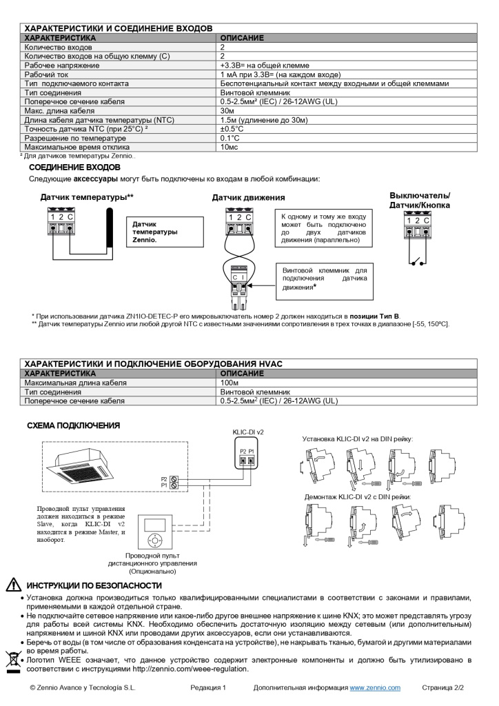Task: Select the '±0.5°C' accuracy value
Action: [232, 128]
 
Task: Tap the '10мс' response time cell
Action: [229, 147]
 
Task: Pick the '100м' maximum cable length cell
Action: [230, 383]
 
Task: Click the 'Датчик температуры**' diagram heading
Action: [87, 198]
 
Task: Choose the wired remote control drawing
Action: [157, 530]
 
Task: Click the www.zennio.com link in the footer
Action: [375, 688]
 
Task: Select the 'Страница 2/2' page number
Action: [443, 688]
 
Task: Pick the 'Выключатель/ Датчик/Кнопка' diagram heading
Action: [420, 201]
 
